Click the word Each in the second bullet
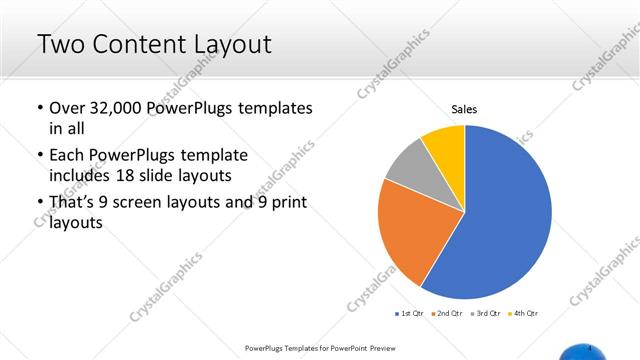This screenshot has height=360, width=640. (x=67, y=156)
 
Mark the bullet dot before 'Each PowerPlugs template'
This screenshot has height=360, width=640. (x=38, y=156)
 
